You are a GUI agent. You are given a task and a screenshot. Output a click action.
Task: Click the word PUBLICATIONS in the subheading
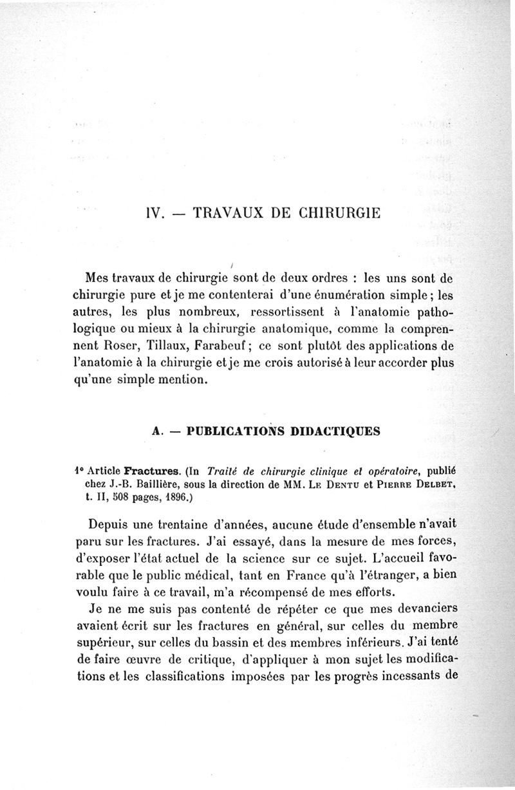point(232,431)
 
